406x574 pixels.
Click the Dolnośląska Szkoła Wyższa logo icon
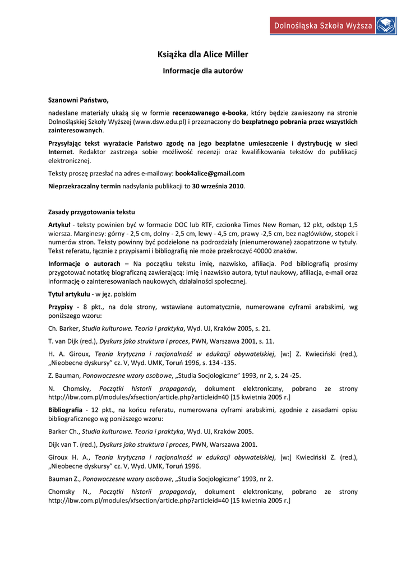386,25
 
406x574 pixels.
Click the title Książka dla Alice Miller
202,54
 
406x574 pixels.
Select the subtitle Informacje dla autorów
202,71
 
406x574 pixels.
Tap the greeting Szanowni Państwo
79,100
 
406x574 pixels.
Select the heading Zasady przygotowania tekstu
91,211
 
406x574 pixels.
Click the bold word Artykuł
59,224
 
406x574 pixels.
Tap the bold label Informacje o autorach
84,263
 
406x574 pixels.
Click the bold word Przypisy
61,307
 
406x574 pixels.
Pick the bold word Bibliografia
65,410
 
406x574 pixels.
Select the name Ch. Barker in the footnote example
63,328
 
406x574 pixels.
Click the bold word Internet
61,152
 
